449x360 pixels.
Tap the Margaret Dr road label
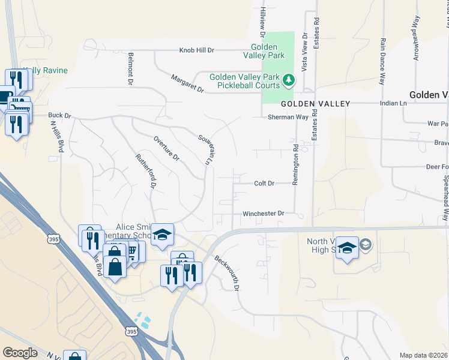pyautogui.click(x=187, y=83)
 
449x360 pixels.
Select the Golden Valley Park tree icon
pyautogui.click(x=289, y=79)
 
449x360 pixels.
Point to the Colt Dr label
pyautogui.click(x=264, y=183)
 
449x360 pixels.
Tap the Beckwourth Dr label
pyautogui.click(x=228, y=274)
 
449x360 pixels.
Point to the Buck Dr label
pyautogui.click(x=59, y=115)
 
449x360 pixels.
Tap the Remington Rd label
pyautogui.click(x=296, y=164)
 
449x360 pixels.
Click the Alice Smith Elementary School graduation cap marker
pyautogui.click(x=161, y=235)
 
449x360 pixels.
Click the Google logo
pyautogui.click(x=20, y=353)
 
